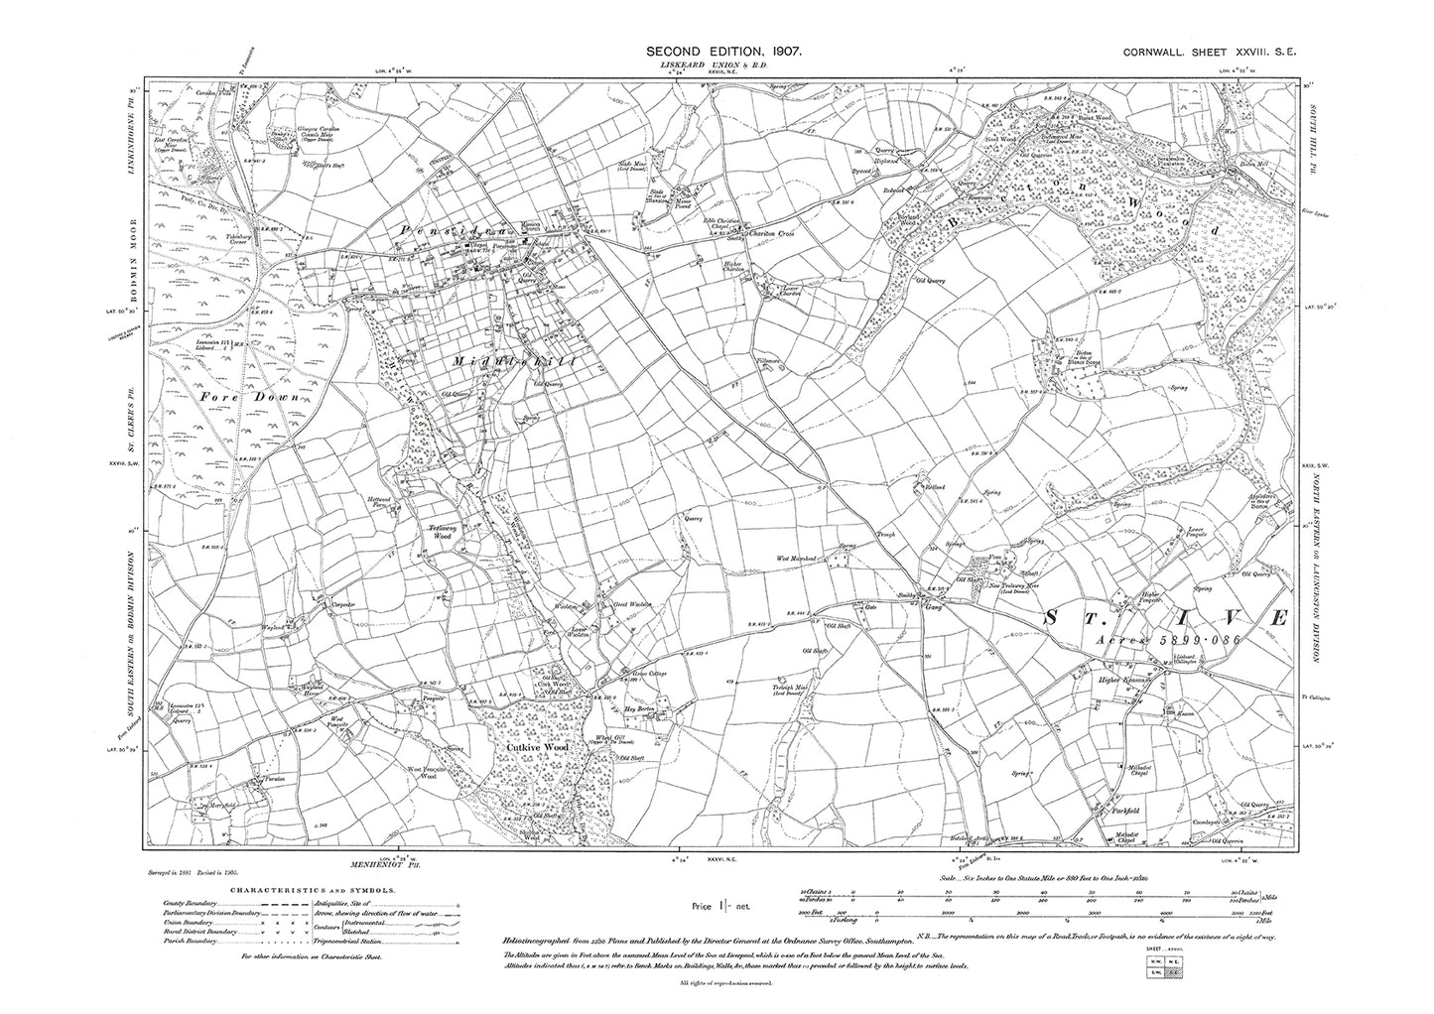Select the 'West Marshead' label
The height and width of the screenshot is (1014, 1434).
(797, 560)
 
